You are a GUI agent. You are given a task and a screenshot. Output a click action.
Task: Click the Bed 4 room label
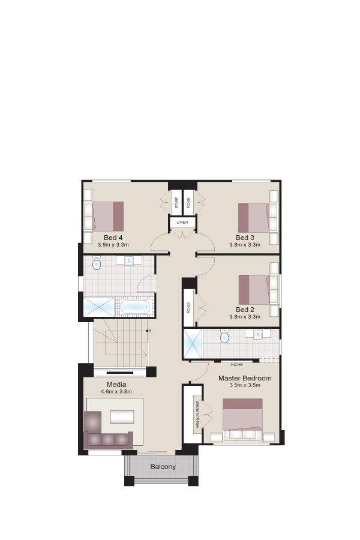pyautogui.click(x=113, y=238)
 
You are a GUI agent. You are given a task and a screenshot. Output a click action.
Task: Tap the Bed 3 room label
pyautogui.click(x=245, y=238)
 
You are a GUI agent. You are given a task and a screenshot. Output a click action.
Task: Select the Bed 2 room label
pyautogui.click(x=245, y=310)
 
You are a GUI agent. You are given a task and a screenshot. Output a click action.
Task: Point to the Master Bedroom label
pyautogui.click(x=245, y=378)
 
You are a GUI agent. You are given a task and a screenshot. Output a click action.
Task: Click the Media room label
pyautogui.click(x=116, y=385)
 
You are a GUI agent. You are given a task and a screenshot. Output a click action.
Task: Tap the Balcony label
pyautogui.click(x=163, y=467)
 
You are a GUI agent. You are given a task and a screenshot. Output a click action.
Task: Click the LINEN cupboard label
pyautogui.click(x=182, y=223)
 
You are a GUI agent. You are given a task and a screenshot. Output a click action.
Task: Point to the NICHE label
pyautogui.click(x=236, y=364)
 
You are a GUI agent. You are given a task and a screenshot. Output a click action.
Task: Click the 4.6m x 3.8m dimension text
pyautogui.click(x=116, y=392)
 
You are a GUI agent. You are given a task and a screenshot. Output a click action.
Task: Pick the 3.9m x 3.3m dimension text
pyautogui.click(x=113, y=245)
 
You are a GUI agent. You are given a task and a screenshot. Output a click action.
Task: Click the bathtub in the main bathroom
pyautogui.click(x=135, y=307)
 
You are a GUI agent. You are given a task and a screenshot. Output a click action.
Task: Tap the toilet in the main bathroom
pyautogui.click(x=97, y=263)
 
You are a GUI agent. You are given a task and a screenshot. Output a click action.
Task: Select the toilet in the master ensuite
pyautogui.click(x=224, y=337)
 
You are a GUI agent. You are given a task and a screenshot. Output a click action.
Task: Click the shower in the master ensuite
pyautogui.click(x=193, y=344)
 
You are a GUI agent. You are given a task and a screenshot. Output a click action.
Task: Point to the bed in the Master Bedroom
pyautogui.click(x=243, y=420)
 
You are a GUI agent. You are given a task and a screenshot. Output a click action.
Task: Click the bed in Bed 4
pyautogui.click(x=108, y=216)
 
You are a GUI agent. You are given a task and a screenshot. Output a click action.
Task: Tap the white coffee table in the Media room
pyautogui.click(x=122, y=416)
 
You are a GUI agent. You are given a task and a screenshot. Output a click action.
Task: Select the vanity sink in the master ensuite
pyautogui.click(x=257, y=334)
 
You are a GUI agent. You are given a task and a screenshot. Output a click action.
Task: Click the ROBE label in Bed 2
pyautogui.click(x=188, y=307)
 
